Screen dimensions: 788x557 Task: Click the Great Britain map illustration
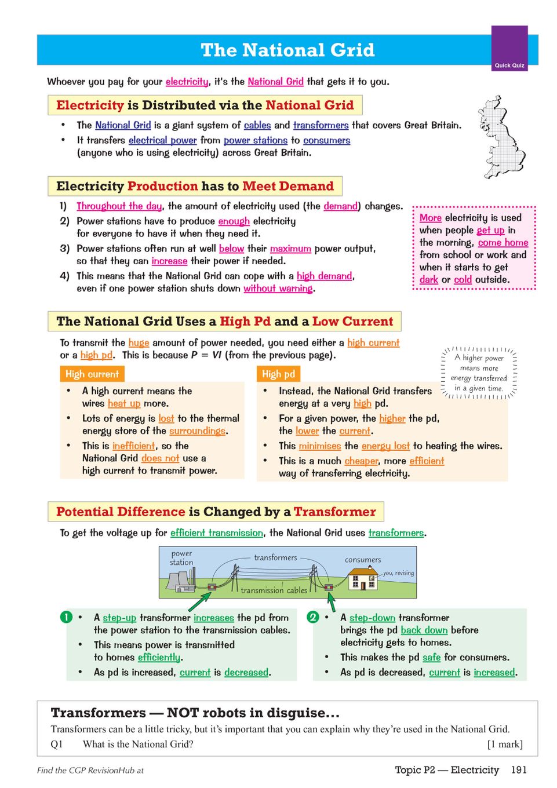501,138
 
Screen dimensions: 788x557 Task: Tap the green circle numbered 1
67,617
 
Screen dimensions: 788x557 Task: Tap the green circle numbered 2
313,617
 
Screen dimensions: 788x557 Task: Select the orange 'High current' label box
92,374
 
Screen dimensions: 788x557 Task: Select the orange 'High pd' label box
278,374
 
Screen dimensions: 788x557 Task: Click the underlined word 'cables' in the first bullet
257,125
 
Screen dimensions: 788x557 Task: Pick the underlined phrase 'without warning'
278,289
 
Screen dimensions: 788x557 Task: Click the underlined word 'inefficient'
134,446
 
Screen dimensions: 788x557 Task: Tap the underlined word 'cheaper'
361,461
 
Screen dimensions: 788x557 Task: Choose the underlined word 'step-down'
372,618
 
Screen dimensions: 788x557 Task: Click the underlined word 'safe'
431,658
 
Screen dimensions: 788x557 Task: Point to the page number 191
519,770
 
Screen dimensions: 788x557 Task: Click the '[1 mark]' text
505,745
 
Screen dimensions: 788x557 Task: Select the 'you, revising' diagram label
398,573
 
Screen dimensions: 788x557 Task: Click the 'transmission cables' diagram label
274,590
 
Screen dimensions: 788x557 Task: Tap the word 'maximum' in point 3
290,249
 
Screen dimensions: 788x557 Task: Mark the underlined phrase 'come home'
503,243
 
